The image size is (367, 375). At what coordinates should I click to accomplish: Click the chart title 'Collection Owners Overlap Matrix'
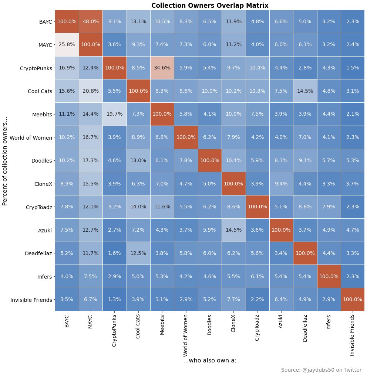click(x=210, y=5)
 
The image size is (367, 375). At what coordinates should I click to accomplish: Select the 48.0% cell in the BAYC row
click(x=91, y=21)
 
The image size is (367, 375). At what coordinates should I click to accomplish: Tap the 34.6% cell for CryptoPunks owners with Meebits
click(x=162, y=68)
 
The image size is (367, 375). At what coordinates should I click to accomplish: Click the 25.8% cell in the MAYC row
click(x=67, y=45)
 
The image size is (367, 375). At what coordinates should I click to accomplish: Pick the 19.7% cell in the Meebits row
click(x=114, y=114)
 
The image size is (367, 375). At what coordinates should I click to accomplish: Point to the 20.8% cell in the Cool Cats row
click(x=91, y=91)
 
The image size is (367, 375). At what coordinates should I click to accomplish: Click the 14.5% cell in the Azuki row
click(x=233, y=230)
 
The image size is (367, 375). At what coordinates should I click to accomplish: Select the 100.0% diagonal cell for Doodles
click(x=209, y=160)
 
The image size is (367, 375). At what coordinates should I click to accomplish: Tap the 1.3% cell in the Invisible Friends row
click(x=114, y=299)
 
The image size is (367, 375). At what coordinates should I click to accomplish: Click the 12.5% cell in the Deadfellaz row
click(x=138, y=253)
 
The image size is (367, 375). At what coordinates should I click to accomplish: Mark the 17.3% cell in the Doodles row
click(x=91, y=160)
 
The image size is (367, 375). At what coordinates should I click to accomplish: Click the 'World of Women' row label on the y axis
click(x=31, y=137)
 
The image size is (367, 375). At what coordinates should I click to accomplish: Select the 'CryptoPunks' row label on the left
click(x=36, y=68)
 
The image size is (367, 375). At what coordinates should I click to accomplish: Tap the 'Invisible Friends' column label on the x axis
click(x=352, y=335)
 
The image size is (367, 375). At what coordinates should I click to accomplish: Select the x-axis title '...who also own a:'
click(x=210, y=360)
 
